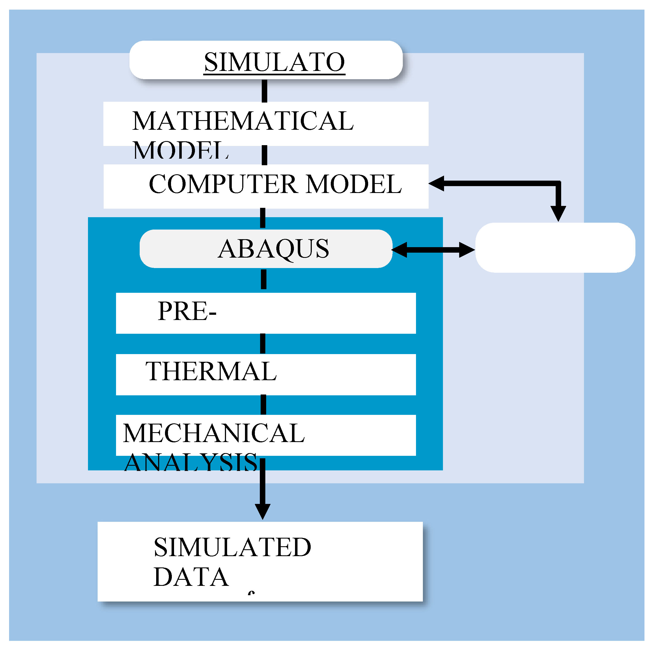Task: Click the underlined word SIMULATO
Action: coord(274,62)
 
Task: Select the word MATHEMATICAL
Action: coord(243,121)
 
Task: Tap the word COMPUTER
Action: coord(223,184)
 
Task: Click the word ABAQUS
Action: coord(273,249)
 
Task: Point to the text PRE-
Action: coord(187,311)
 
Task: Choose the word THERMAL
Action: coord(211,371)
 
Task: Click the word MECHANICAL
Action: coord(214,433)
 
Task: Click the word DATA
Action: coord(191,577)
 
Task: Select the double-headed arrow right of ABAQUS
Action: coord(433,250)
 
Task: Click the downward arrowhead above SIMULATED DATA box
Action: coord(263,511)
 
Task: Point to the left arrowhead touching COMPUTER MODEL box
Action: coord(436,184)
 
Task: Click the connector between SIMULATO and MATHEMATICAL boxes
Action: coord(265,91)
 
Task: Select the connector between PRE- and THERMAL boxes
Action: coord(263,344)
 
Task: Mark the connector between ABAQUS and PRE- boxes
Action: coord(264,280)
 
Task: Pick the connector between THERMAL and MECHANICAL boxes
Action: coord(263,405)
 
